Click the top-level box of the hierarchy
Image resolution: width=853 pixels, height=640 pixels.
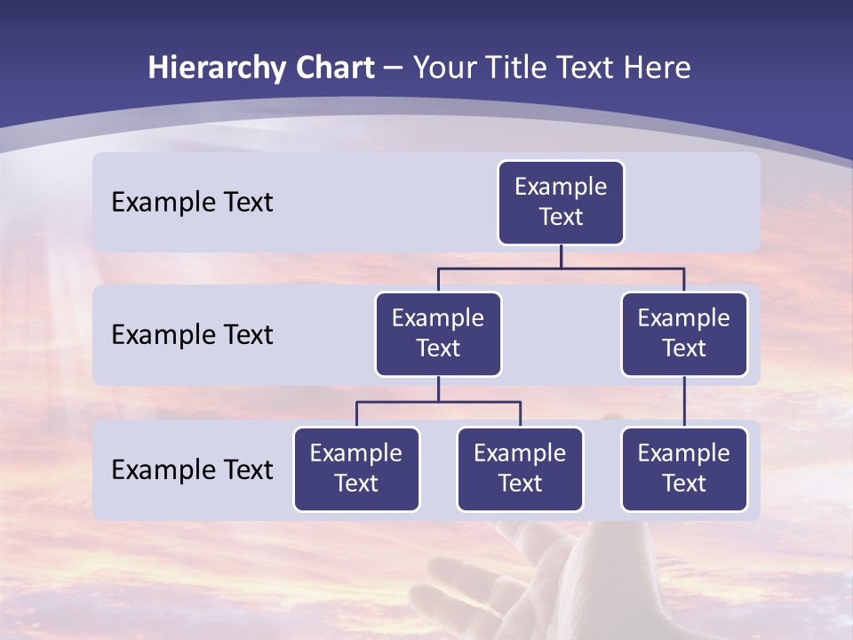pyautogui.click(x=561, y=203)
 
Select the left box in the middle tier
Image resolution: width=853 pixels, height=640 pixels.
pyautogui.click(x=438, y=334)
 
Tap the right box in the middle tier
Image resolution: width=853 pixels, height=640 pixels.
pyautogui.click(x=684, y=334)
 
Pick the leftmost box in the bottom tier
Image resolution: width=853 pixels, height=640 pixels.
pyautogui.click(x=356, y=469)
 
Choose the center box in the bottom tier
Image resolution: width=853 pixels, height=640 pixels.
pyautogui.click(x=520, y=469)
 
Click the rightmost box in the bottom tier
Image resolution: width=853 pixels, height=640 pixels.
pyautogui.click(x=684, y=469)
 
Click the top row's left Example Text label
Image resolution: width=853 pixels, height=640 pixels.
pyautogui.click(x=192, y=203)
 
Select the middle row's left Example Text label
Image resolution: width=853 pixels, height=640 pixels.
pyautogui.click(x=192, y=335)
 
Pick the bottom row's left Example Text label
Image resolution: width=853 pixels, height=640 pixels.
pyautogui.click(x=192, y=469)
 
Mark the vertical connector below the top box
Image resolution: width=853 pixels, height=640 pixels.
pyautogui.click(x=561, y=256)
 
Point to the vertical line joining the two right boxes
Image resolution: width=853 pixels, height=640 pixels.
pyautogui.click(x=684, y=402)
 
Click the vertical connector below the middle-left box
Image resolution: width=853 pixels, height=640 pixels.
pyautogui.click(x=438, y=388)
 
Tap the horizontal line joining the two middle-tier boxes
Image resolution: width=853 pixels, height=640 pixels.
pyautogui.click(x=561, y=268)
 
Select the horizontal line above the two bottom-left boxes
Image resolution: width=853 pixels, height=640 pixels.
pyautogui.click(x=438, y=402)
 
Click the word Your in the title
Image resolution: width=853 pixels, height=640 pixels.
pyautogui.click(x=444, y=68)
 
